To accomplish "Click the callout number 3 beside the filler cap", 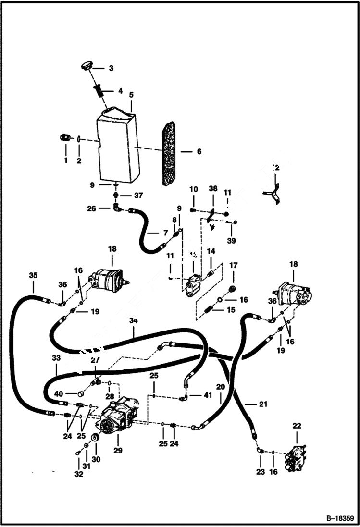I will (111, 69).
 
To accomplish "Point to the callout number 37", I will (138, 195).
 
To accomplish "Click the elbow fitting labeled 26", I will (117, 208).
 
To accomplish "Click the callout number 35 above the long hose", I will (33, 276).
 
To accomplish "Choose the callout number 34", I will (133, 320).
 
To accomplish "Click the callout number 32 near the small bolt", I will (79, 474).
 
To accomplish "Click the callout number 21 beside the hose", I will (262, 404).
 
